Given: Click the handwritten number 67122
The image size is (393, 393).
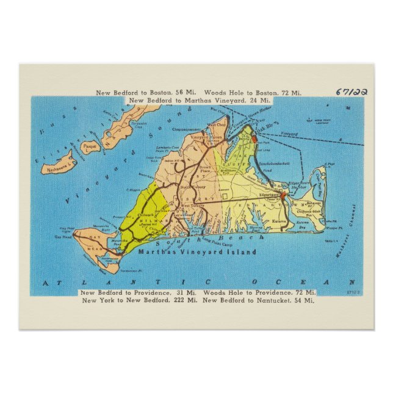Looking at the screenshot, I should [x=352, y=92].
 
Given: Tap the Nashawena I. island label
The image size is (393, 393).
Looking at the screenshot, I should [x=57, y=164].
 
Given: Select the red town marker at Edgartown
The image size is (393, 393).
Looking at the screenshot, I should [x=283, y=195].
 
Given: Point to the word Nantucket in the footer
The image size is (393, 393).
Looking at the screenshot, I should [x=277, y=300].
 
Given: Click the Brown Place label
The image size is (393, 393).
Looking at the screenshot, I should [x=205, y=170].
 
